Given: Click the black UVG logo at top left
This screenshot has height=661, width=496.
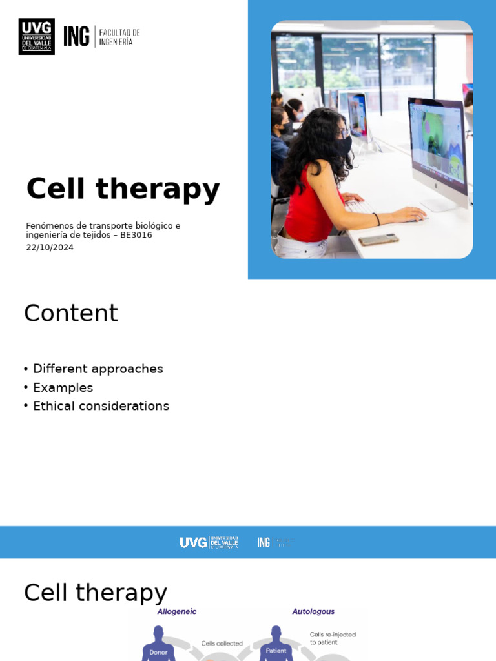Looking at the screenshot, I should [36, 36].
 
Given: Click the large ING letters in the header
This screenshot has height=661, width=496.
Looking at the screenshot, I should [76, 36].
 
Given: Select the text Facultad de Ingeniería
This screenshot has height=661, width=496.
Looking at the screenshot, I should [119, 37].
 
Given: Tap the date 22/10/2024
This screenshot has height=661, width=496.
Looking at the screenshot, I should [50, 247].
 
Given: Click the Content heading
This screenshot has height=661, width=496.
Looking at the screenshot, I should [71, 314].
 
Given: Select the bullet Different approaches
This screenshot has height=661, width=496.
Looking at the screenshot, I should [98, 369].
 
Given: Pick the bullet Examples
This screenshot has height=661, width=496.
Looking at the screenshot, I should [63, 387].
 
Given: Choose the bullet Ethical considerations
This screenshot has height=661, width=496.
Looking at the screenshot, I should [101, 406].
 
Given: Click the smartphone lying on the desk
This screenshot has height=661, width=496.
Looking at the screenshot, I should [378, 239].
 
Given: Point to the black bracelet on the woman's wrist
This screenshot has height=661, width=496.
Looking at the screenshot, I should [376, 219].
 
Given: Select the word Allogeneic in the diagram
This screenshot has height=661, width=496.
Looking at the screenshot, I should [177, 611].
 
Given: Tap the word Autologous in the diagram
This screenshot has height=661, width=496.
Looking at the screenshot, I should [313, 611].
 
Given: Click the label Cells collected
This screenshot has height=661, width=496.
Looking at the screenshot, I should [222, 643].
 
